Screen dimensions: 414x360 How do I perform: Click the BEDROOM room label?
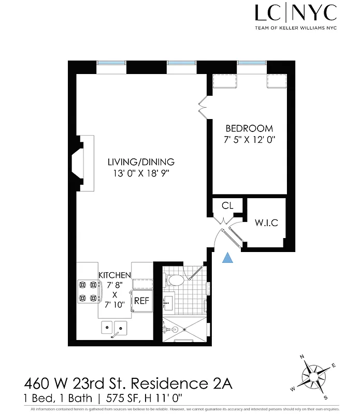tap(249, 128)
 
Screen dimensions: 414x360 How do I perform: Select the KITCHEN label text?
tap(114, 275)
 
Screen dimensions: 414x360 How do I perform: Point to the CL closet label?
tap(227, 205)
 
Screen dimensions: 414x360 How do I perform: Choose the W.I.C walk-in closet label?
tap(267, 223)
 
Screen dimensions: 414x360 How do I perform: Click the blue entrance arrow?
tap(227, 257)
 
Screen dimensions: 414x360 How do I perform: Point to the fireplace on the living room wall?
tap(83, 163)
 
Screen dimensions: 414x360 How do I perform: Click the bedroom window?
tap(252, 63)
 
